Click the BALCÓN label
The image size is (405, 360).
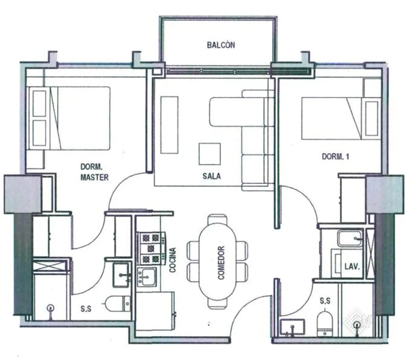click(221, 45)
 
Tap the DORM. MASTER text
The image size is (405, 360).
click(94, 172)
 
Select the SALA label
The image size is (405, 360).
click(212, 176)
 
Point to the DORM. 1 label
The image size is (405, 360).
click(336, 156)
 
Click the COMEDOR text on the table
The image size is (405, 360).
click(221, 263)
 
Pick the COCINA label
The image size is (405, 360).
click(172, 260)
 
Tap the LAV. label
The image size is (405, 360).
click(352, 267)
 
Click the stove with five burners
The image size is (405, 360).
click(151, 248)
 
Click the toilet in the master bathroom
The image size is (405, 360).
click(117, 304)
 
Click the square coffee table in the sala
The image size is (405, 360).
click(210, 154)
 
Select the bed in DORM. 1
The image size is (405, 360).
click(341, 118)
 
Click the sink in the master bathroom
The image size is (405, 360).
click(121, 275)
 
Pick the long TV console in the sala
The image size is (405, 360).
click(169, 125)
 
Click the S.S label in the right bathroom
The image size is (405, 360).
click(325, 300)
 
